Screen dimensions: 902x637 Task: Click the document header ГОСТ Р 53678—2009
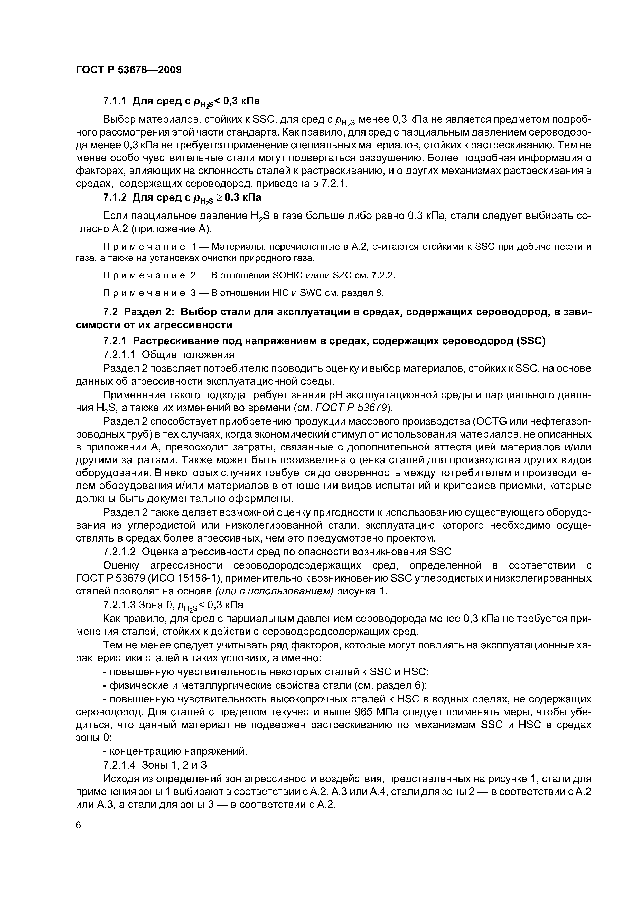(128, 70)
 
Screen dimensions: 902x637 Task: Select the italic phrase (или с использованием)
(274, 592)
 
